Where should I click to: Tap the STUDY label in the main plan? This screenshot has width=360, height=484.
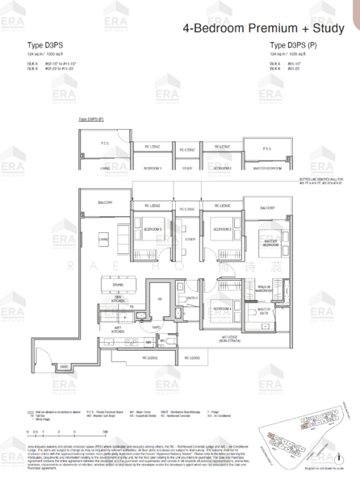tap(190, 239)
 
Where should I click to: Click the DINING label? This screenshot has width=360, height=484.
tap(119, 284)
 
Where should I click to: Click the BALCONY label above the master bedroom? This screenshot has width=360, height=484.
tap(267, 208)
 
